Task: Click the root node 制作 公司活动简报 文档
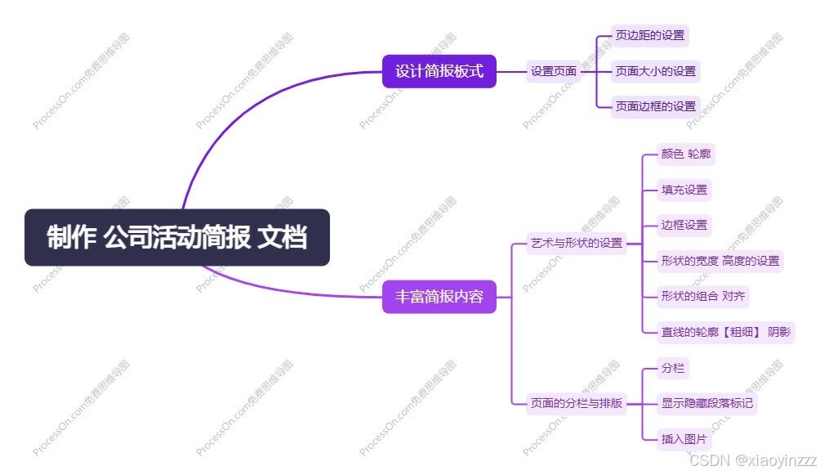coord(176,238)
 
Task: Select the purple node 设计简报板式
coord(439,71)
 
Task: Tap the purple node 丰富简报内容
coord(439,297)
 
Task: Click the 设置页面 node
coord(554,71)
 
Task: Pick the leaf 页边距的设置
coord(650,36)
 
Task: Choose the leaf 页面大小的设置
coord(656,71)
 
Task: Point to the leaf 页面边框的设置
coord(656,106)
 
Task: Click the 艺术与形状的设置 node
coord(577,243)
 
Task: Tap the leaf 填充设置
coord(684,190)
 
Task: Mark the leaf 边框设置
coord(684,225)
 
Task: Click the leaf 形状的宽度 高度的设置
coord(720,261)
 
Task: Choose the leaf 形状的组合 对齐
coord(702,296)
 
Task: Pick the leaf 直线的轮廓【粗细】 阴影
coord(725,332)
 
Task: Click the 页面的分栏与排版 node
coord(577,403)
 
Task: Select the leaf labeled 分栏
coord(673,368)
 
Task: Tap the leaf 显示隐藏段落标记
coord(707,403)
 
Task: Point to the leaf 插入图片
coord(684,439)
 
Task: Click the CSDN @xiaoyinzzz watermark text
coord(746,460)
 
